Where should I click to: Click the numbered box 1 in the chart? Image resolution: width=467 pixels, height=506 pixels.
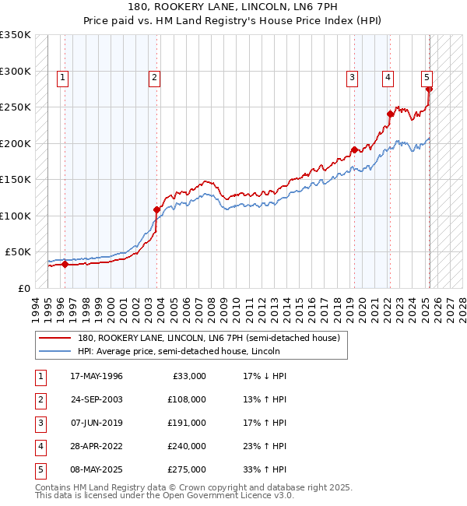point(61,77)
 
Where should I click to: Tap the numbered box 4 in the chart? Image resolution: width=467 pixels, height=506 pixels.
point(387,77)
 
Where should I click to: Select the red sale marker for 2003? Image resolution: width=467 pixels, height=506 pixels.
point(156,209)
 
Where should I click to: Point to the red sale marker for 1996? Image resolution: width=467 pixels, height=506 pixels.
point(65,264)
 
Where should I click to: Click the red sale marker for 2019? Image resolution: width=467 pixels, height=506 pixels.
point(354,149)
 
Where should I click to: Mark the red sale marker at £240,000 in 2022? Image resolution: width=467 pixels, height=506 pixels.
point(390,114)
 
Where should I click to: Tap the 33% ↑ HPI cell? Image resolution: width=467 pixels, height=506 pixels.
point(265,469)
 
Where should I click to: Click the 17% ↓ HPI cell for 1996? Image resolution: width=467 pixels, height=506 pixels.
point(265,376)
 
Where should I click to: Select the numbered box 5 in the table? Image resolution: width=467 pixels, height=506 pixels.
point(39,469)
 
